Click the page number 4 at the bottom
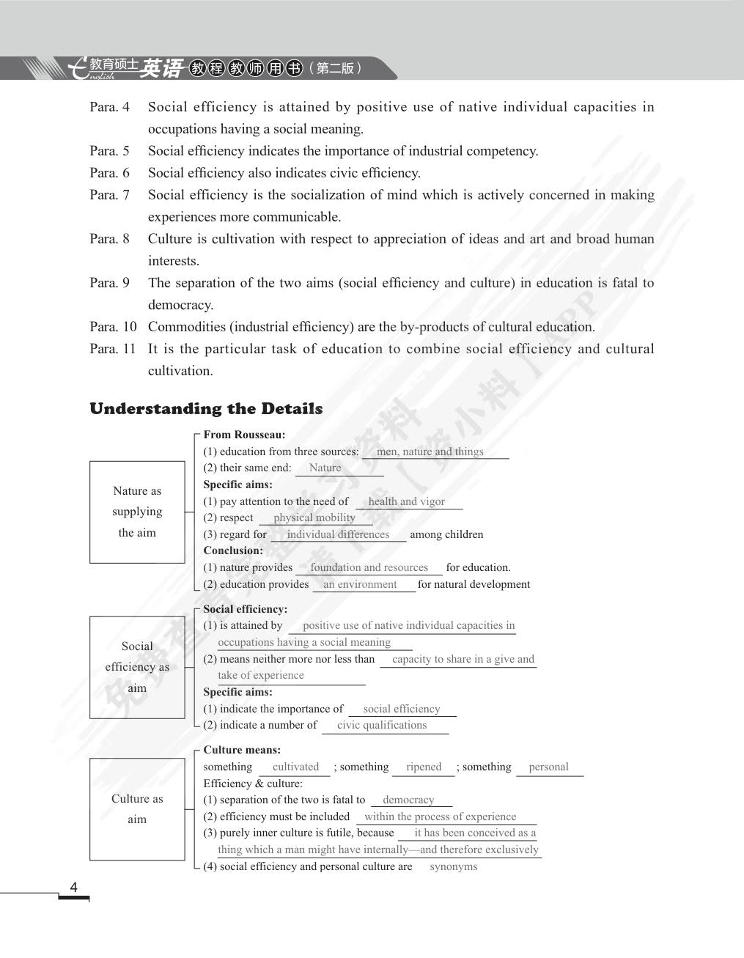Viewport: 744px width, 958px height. (73, 888)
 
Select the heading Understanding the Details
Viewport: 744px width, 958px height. (206, 409)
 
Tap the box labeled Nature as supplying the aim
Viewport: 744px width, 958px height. (137, 512)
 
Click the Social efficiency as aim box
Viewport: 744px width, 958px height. (137, 667)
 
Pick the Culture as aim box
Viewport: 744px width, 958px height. (137, 809)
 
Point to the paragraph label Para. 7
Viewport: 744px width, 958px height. (110, 195)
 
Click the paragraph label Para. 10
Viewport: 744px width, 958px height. (113, 327)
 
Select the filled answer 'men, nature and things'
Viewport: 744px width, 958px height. (430, 452)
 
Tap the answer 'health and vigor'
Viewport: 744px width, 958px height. (406, 501)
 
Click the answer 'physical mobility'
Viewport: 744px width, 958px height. (314, 517)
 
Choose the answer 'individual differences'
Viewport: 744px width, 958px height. (338, 534)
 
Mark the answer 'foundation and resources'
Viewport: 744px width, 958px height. (369, 567)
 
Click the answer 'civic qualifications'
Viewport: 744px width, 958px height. (381, 725)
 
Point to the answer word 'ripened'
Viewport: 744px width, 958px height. (424, 767)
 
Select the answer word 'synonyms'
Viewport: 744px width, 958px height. (453, 866)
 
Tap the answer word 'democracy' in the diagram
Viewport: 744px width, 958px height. (408, 800)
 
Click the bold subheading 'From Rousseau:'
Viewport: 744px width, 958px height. (244, 435)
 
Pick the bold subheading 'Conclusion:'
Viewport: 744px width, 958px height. (233, 550)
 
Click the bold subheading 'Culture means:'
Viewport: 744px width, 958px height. (242, 750)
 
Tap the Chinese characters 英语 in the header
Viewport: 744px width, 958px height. (162, 68)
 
